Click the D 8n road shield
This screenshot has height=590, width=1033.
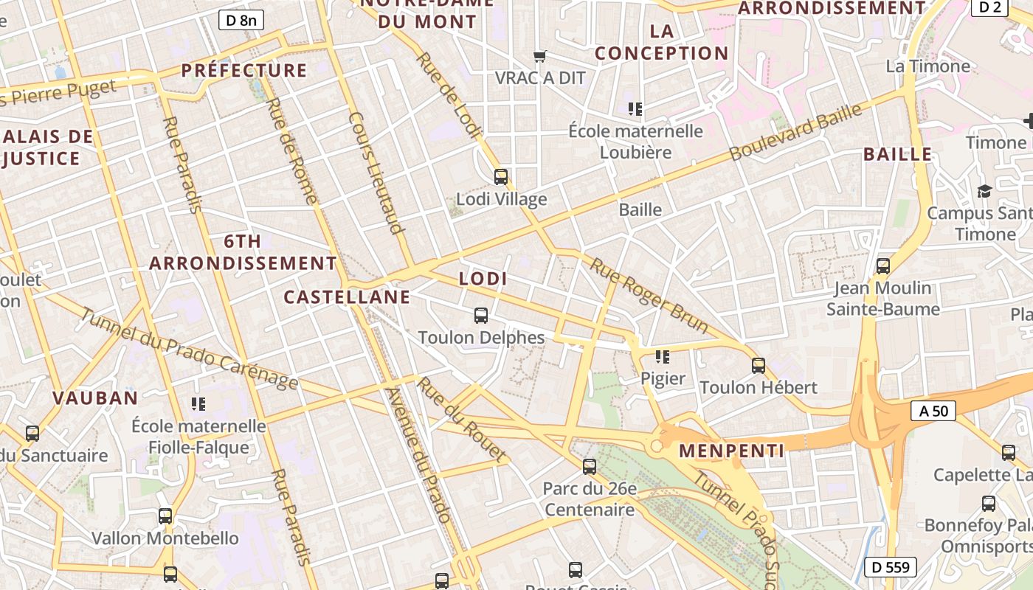click(241, 20)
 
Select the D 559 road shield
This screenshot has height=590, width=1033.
click(891, 567)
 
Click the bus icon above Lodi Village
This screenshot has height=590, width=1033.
click(501, 177)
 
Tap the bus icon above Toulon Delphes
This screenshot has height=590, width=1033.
click(481, 316)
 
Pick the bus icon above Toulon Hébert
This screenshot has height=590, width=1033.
click(758, 365)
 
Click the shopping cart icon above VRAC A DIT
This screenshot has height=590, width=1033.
click(540, 56)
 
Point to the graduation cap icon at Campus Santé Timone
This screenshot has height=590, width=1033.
click(984, 192)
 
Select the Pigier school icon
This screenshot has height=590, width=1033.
click(663, 357)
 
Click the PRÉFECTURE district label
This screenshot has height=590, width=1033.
click(244, 71)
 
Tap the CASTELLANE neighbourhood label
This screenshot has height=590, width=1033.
click(347, 297)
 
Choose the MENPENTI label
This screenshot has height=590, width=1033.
click(731, 451)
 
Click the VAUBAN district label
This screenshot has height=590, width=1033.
click(95, 398)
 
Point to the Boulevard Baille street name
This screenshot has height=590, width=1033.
click(795, 133)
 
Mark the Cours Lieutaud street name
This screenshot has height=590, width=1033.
click(376, 173)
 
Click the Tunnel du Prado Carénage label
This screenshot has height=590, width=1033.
click(188, 349)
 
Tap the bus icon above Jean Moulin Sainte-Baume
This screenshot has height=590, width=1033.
click(883, 265)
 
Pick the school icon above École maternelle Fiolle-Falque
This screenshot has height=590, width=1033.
click(198, 403)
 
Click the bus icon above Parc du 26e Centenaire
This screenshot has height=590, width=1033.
click(589, 466)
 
